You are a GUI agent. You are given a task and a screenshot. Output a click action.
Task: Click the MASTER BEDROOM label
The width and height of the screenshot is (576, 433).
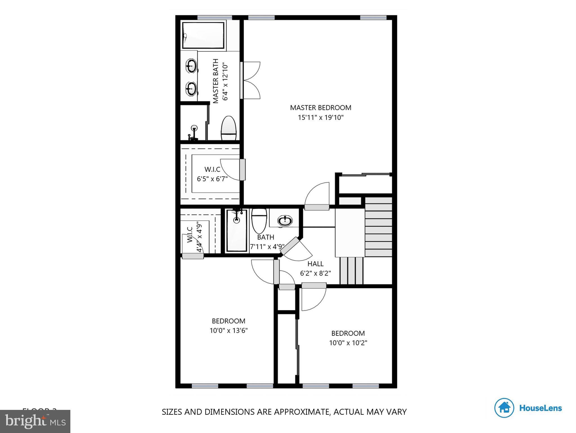coord(321,108)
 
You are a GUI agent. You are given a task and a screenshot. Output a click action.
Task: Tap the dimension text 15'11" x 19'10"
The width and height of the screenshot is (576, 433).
coord(321,118)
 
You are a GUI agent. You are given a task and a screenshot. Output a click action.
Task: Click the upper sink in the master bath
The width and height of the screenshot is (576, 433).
coord(191,66)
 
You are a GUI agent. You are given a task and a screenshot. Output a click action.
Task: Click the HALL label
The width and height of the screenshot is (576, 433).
coord(315,264)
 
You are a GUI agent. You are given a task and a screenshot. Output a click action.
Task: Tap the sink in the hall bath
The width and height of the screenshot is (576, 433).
coord(285,220)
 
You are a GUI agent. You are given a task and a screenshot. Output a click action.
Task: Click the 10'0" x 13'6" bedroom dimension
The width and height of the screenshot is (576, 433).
coord(228,330)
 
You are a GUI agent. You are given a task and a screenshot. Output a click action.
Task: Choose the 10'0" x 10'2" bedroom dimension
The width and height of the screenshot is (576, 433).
coord(348,343)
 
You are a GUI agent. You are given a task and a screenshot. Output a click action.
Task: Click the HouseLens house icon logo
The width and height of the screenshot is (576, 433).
coord(504,408)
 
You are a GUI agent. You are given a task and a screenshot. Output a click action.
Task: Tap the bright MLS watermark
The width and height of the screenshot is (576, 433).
coord(35,421)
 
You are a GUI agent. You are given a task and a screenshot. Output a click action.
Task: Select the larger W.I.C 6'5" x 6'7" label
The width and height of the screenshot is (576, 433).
coord(212,174)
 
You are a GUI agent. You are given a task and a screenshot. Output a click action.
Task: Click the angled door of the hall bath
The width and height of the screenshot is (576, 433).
coord(293,246)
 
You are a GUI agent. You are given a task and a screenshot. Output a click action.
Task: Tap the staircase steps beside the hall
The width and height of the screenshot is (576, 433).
coord(378,227)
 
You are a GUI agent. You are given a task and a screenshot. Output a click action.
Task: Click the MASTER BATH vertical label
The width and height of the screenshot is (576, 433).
coord(216,81)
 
